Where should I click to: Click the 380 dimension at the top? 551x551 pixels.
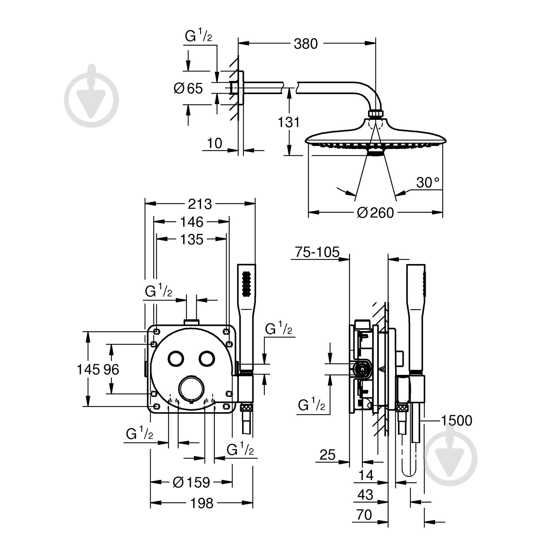click(305, 44)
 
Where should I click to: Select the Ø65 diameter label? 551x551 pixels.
click(188, 88)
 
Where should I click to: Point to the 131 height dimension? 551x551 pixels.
click(288, 122)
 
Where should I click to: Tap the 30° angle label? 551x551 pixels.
click(428, 182)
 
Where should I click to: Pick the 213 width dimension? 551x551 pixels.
click(200, 204)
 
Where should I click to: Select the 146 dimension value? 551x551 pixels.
click(191, 222)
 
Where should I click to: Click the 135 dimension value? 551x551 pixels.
click(191, 240)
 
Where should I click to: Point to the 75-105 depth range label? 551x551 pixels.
click(317, 252)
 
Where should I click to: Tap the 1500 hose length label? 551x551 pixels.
click(456, 420)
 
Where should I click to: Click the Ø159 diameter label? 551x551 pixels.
click(191, 482)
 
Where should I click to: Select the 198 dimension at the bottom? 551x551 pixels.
click(202, 503)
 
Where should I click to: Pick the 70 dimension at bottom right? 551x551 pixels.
click(364, 515)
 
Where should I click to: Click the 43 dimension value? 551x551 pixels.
click(365, 494)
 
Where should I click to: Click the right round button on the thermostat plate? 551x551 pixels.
click(206, 358)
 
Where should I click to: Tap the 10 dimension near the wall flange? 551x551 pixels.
click(215, 143)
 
